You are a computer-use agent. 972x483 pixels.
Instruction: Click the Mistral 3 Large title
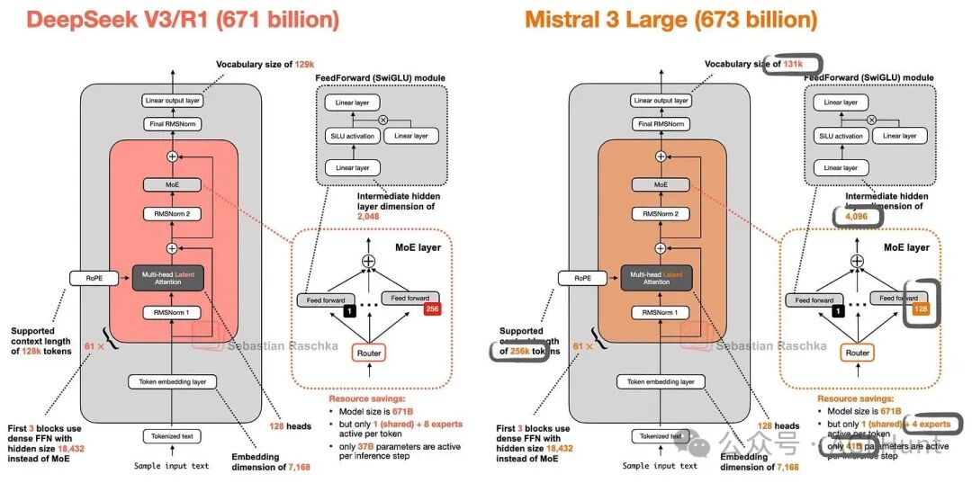[670, 19]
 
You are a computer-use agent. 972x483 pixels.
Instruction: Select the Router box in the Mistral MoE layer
[857, 353]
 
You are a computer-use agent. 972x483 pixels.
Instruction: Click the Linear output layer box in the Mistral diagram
[661, 101]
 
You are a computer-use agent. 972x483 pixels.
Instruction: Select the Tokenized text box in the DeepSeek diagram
[171, 436]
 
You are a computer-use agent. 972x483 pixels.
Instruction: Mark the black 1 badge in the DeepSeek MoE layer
[343, 310]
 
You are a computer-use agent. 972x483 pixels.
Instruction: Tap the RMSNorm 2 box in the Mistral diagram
[661, 214]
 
